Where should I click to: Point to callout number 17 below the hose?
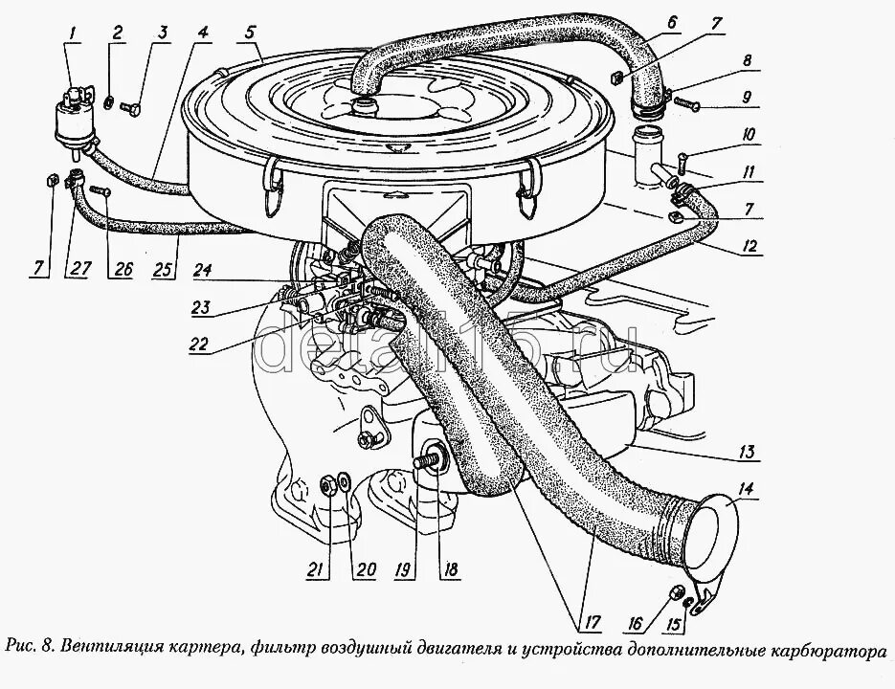(x=593, y=623)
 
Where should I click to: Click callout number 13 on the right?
(x=748, y=452)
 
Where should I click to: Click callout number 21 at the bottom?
(x=312, y=571)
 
